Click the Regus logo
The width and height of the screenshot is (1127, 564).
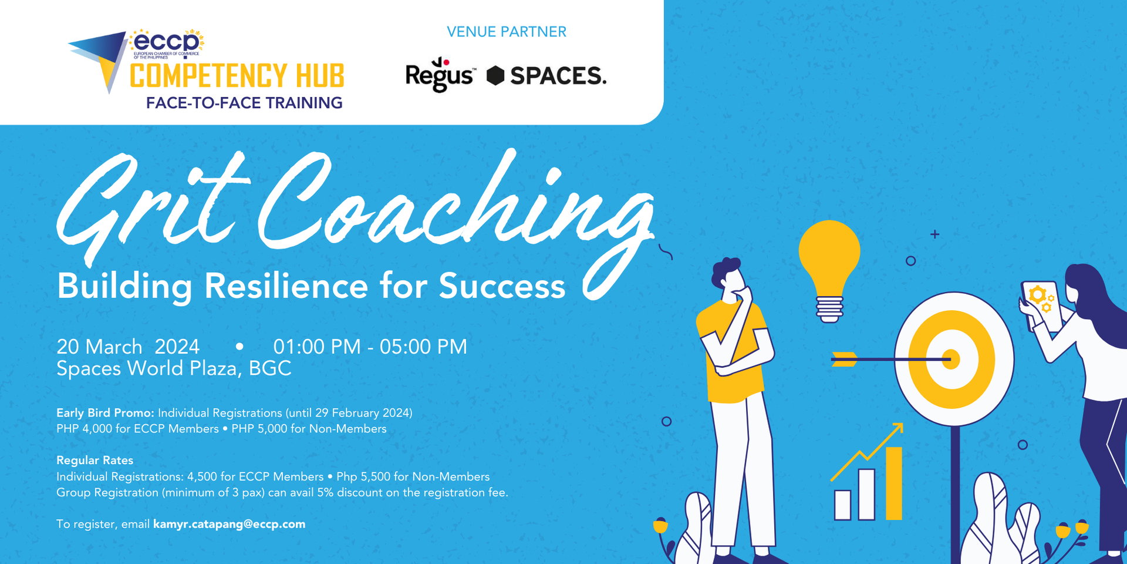coord(439,75)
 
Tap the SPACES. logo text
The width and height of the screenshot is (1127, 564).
coord(557,76)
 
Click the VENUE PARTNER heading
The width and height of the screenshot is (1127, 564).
coord(507,32)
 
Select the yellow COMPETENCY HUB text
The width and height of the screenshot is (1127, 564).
coord(237,76)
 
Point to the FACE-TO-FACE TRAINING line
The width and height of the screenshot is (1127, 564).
coord(244,103)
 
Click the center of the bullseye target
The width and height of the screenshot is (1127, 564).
coord(951,359)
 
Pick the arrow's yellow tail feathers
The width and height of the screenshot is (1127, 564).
coord(844,359)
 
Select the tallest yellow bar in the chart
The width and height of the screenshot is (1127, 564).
coord(893,483)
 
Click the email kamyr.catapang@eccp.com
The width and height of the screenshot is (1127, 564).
coord(229,524)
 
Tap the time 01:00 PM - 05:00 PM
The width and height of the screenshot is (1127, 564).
coord(370,347)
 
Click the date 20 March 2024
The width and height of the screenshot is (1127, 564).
coord(128,347)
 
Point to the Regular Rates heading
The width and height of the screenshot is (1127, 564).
coord(95,460)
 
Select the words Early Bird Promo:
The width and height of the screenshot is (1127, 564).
coord(105,413)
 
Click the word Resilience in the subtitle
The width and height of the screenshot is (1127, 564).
coord(286,286)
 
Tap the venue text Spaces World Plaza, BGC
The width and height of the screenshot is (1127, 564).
coord(174,368)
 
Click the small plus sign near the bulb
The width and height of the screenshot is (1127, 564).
coord(934,234)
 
